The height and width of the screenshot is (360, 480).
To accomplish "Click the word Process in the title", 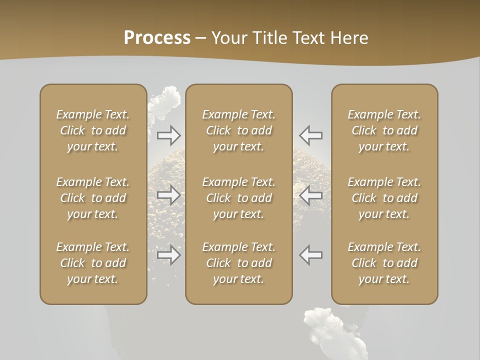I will [157, 38].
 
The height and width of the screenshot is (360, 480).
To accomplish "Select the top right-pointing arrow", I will [168, 135].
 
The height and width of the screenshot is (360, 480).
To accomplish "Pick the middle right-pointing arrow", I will [168, 195].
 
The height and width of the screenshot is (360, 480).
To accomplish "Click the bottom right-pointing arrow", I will [168, 255].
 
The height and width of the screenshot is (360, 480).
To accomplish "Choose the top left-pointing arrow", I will [311, 135].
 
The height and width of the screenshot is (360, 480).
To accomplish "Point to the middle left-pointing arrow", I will [311, 195].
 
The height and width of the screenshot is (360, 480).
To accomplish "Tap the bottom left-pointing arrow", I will [311, 255].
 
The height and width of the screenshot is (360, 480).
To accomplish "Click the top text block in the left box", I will [93, 130].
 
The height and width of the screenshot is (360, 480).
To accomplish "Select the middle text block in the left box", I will [93, 198].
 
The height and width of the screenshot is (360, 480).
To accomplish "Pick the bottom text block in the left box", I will [93, 263].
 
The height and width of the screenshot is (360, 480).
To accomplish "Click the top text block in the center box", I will [238, 130].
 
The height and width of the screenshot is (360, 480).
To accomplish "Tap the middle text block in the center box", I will [238, 198].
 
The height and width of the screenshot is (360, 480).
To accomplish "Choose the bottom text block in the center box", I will [238, 263].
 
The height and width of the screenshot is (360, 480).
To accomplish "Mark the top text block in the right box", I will [384, 130].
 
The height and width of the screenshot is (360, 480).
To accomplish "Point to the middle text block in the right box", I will [384, 198].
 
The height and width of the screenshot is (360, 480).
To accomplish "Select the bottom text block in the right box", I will [384, 263].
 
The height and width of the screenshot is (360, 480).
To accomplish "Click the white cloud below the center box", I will [330, 327].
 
